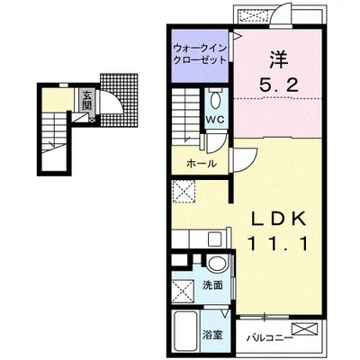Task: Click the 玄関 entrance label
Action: [87, 100]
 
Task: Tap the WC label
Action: [215, 120]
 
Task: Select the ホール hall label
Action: [201, 164]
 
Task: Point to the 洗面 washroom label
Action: [212, 285]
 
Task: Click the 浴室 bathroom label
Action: [212, 335]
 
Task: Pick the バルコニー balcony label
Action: [269, 338]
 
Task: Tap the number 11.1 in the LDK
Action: [278, 244]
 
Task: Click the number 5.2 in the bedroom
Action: [279, 86]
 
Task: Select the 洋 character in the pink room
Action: [279, 60]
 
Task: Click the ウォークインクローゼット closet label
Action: [200, 54]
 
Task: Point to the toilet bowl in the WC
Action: [215, 101]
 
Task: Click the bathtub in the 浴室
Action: [185, 332]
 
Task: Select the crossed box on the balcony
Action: [304, 328]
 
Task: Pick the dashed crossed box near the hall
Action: [184, 192]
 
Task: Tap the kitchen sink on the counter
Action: [215, 239]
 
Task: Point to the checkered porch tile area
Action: [119, 100]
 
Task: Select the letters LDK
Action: [279, 219]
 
